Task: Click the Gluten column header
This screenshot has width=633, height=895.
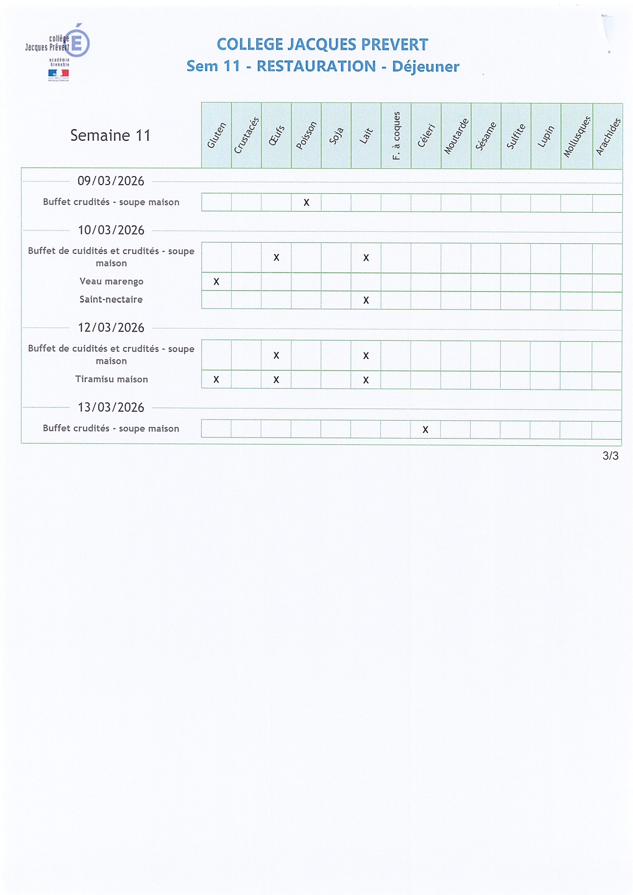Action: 216,136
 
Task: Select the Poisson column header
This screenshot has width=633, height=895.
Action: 306,136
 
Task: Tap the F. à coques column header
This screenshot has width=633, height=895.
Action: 396,136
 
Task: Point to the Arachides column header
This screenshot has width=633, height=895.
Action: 608,136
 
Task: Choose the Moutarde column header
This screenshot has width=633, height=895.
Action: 456,136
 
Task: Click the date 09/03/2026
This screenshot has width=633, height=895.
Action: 111,181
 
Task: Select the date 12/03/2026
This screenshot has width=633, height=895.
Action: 111,327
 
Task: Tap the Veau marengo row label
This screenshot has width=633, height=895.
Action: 111,282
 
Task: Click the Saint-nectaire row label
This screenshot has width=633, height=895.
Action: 111,299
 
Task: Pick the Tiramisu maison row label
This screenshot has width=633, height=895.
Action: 111,379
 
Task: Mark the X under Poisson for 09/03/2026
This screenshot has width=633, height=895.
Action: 306,202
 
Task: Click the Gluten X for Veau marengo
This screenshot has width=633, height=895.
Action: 216,282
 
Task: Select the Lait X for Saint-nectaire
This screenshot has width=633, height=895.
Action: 366,300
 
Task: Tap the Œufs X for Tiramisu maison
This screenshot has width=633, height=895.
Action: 276,379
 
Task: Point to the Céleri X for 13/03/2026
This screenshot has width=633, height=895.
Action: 425,429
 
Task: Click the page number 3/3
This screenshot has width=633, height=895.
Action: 611,455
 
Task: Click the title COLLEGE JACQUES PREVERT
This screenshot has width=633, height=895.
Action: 322,44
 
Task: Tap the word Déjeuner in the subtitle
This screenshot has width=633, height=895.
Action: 425,66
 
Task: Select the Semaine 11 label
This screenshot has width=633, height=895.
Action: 110,135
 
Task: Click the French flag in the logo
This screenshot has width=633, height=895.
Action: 59,74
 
